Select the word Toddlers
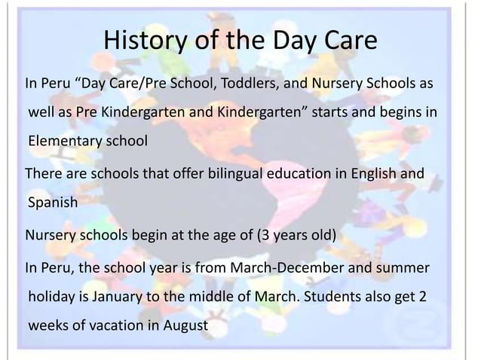click(x=246, y=81)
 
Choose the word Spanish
click(x=52, y=203)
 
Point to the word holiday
click(x=54, y=297)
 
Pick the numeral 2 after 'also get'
click(x=422, y=297)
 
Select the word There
click(x=42, y=175)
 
